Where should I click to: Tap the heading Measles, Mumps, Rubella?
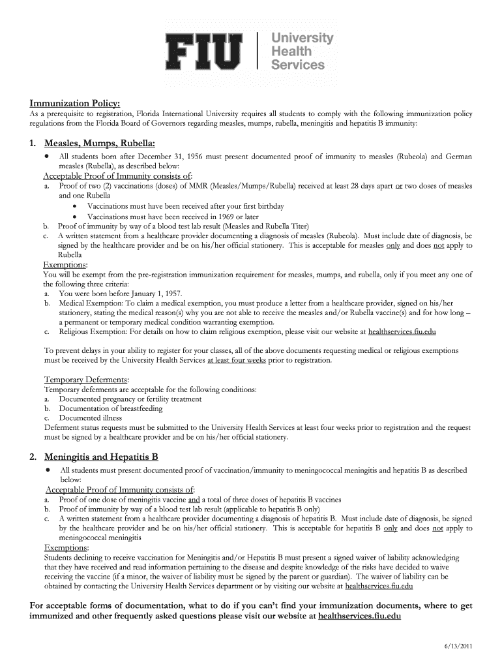[x=99, y=143]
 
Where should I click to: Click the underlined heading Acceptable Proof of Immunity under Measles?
[x=117, y=176]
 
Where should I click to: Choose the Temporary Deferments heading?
[x=85, y=380]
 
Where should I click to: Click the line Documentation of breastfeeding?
[x=110, y=409]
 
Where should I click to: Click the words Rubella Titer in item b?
[x=297, y=226]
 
